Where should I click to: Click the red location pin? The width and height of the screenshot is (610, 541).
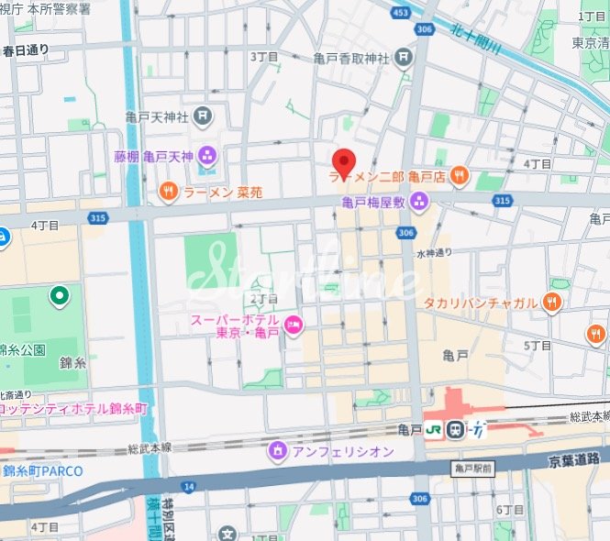pyautogui.click(x=343, y=162)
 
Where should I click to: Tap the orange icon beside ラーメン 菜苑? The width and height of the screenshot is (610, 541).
pyautogui.click(x=169, y=192)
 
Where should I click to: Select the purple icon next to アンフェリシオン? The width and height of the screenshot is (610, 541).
pyautogui.click(x=277, y=451)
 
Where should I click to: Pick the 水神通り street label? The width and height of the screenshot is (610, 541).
pyautogui.click(x=434, y=254)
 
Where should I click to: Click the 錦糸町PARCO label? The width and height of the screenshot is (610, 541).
pyautogui.click(x=42, y=471)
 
